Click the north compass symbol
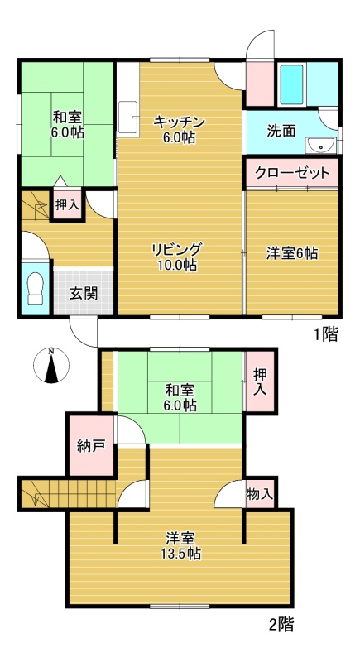(51, 365)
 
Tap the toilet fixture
(35, 288)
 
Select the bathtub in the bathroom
(291, 84)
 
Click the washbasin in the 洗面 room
(322, 146)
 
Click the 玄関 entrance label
(84, 293)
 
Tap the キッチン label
(180, 122)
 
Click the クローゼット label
(292, 173)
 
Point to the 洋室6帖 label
(292, 253)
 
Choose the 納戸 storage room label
(91, 446)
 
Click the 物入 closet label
(260, 494)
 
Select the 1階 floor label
(325, 335)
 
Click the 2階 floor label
(281, 625)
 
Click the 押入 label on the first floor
(67, 205)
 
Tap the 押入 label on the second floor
(260, 382)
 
